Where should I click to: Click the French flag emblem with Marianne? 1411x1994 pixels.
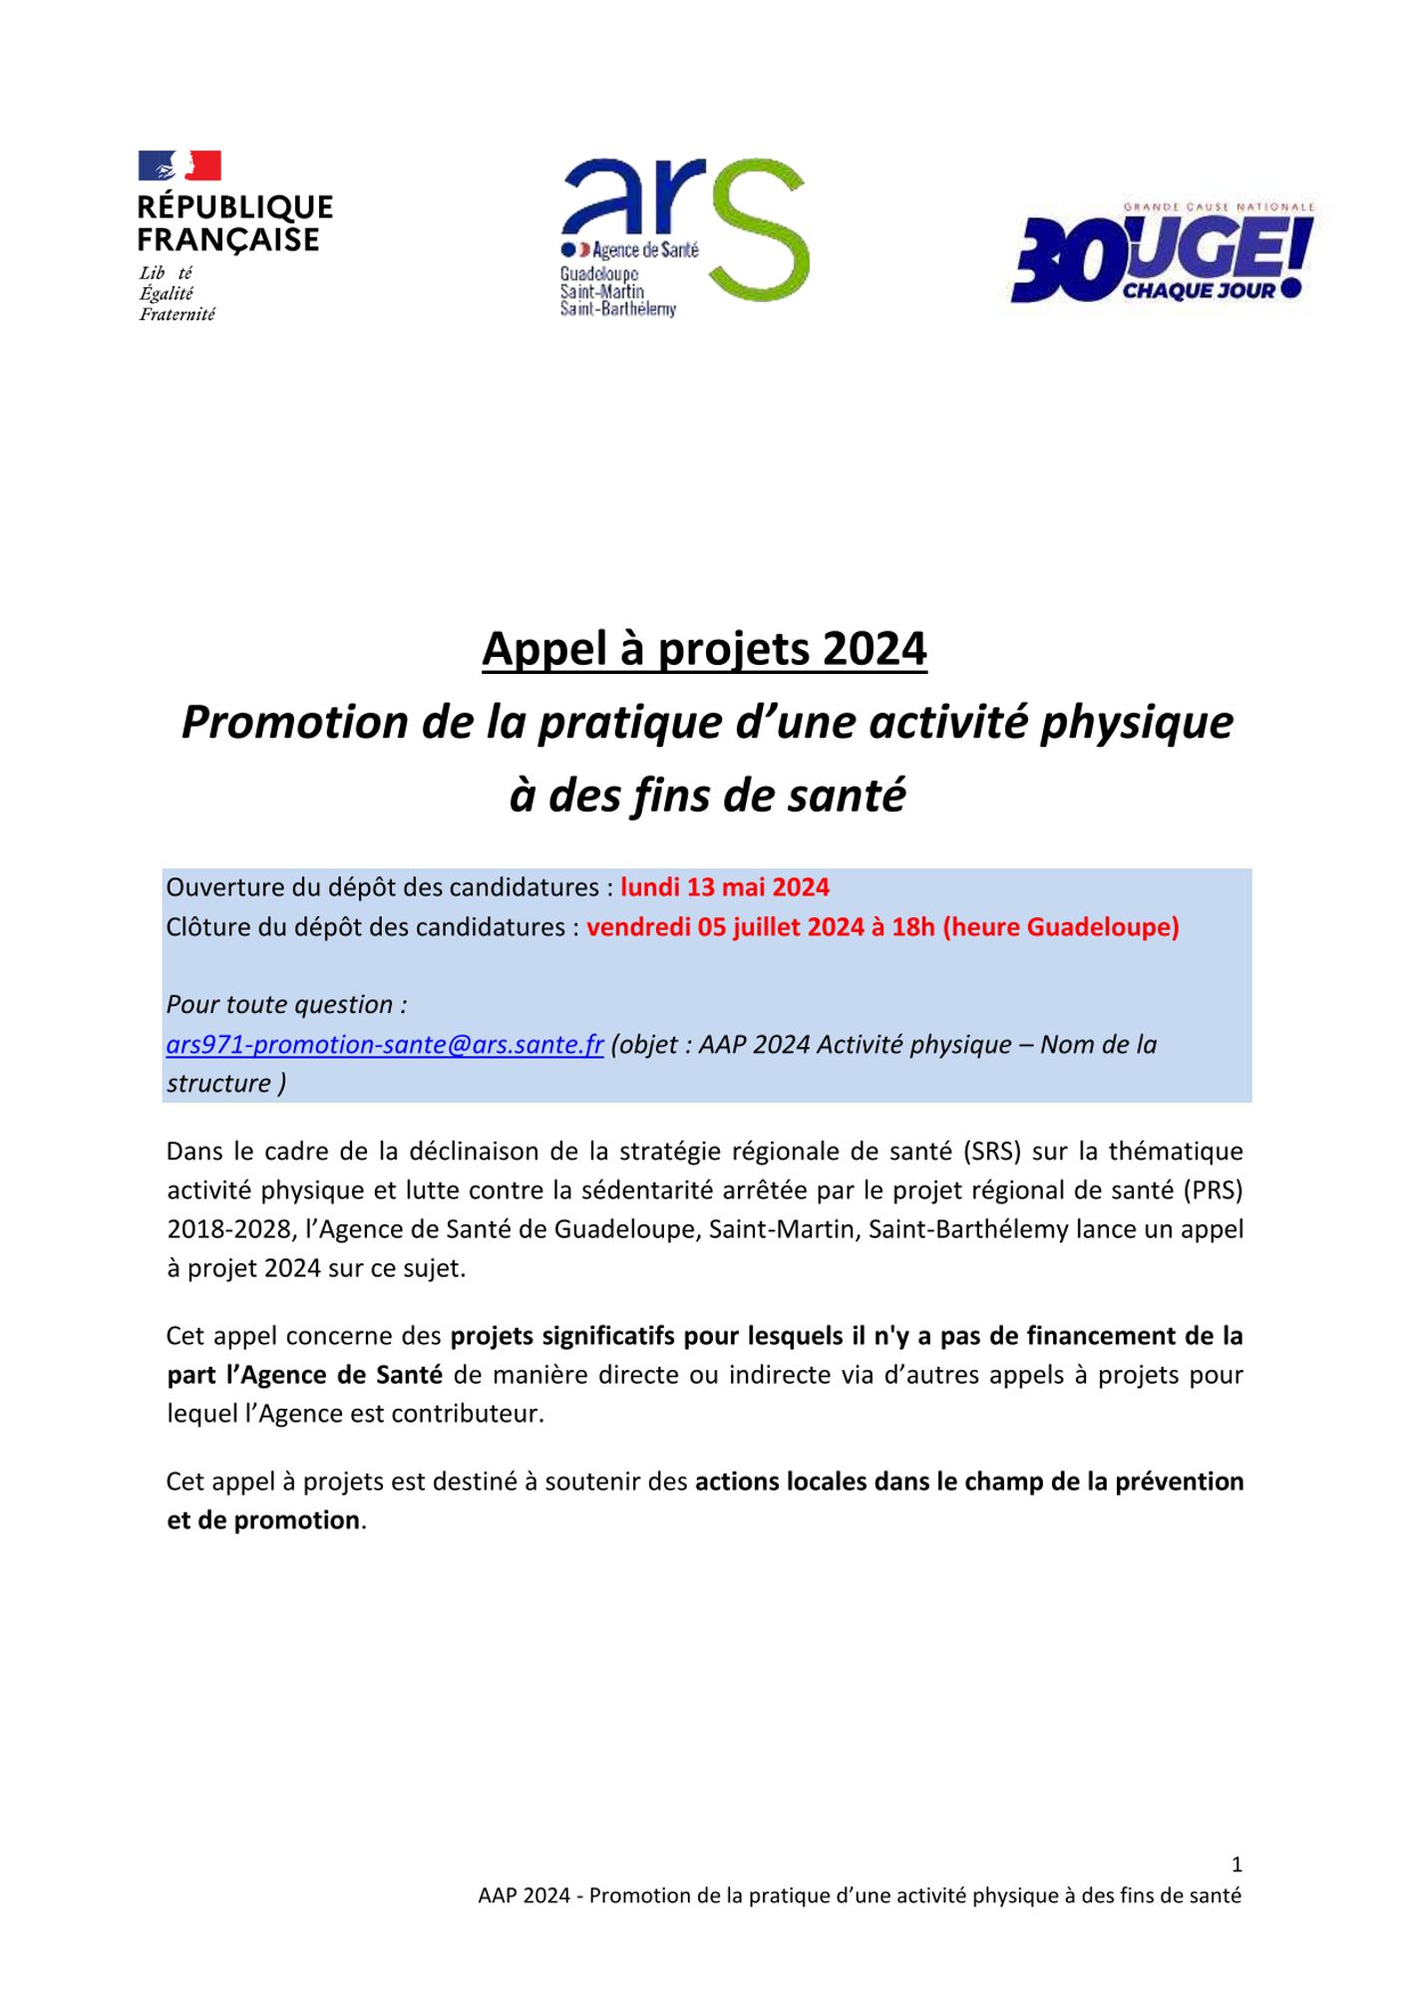(179, 166)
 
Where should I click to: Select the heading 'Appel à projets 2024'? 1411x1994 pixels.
(704, 649)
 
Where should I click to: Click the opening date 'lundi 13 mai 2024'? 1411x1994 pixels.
(725, 887)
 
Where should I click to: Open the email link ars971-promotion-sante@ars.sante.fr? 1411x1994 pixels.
(385, 1044)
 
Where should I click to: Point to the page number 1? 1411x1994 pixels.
(1236, 1864)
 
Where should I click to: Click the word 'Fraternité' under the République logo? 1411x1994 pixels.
(176, 314)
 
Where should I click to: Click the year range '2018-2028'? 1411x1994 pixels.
(227, 1229)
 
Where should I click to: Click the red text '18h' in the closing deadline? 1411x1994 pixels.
(913, 927)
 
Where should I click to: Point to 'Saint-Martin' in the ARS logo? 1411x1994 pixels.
(602, 292)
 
